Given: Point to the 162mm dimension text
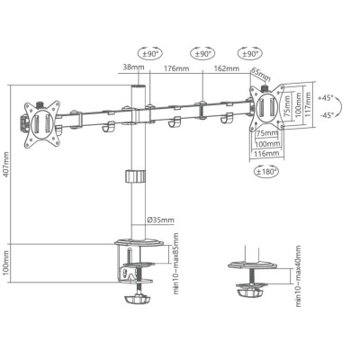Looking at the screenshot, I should (220, 67).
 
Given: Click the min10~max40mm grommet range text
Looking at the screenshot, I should (297, 270).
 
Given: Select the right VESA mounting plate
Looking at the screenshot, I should (267, 107).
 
